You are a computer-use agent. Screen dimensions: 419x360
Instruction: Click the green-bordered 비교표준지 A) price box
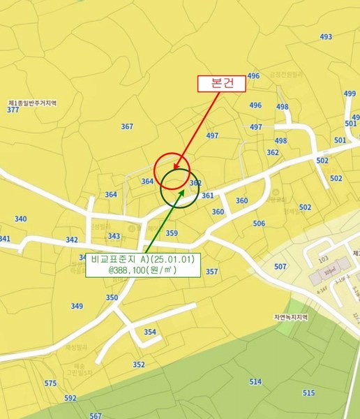[142, 264]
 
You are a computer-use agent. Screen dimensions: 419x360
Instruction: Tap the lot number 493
[326, 36]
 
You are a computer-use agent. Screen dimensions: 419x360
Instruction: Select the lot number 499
[350, 94]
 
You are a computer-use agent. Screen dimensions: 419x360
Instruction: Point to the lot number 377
[13, 110]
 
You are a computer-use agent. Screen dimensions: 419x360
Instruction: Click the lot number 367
[127, 126]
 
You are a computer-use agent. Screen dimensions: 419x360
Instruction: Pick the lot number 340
[20, 219]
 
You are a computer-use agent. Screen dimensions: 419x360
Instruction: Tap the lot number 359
[172, 233]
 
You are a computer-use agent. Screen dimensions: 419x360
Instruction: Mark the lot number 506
[259, 223]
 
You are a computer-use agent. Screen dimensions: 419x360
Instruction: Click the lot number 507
[280, 267]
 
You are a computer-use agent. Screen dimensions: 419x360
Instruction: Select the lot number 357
[212, 272]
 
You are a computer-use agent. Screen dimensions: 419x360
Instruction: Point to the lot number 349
[77, 306]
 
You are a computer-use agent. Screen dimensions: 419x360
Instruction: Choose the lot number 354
[150, 332]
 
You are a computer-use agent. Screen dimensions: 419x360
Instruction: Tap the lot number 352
[139, 365]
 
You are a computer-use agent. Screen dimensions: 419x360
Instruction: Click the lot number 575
[50, 383]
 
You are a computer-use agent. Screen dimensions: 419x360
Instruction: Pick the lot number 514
[255, 382]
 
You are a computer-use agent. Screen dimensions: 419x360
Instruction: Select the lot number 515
[309, 393]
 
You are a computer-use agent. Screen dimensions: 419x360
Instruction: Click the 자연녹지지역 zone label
[290, 316]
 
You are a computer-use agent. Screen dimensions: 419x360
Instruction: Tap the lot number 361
[207, 196]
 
